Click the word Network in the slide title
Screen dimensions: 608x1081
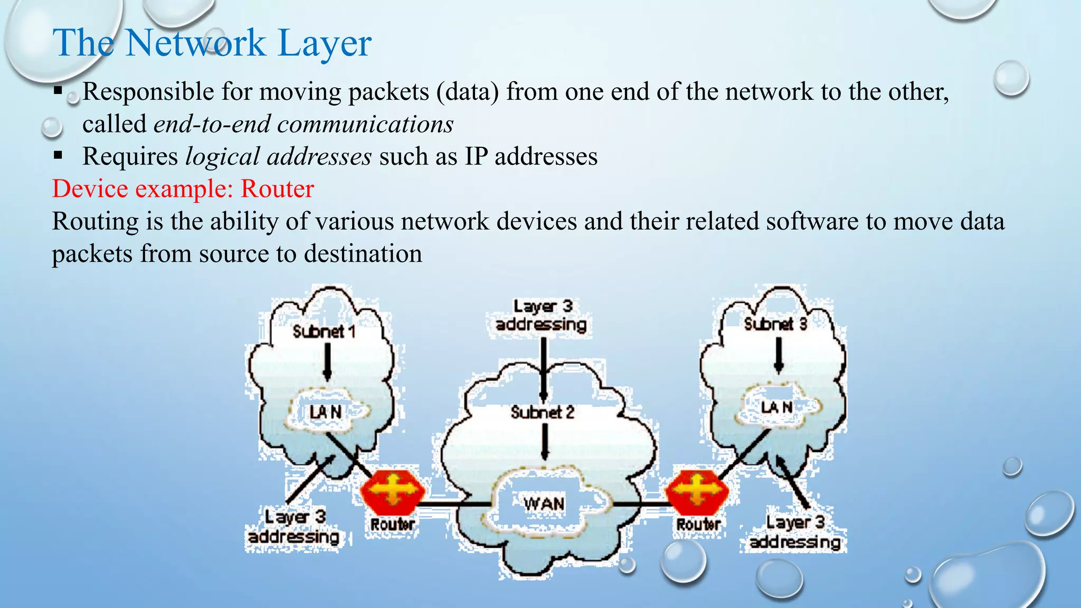195,43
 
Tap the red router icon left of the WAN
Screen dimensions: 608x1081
393,491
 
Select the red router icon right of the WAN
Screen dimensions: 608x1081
697,491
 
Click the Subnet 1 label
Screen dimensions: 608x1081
324,331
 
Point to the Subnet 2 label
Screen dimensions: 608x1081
542,412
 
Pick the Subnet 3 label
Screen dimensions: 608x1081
775,324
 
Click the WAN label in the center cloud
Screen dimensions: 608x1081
544,503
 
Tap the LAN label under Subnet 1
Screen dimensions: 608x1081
325,412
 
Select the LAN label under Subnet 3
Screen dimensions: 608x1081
776,407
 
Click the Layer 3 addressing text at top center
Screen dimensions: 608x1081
542,316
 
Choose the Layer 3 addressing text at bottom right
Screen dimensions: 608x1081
795,532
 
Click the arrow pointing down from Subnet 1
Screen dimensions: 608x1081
327,362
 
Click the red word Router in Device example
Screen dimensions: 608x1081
277,189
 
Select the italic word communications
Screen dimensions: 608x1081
365,124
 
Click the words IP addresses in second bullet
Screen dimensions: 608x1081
531,157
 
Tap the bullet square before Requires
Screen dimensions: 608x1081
58,156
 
